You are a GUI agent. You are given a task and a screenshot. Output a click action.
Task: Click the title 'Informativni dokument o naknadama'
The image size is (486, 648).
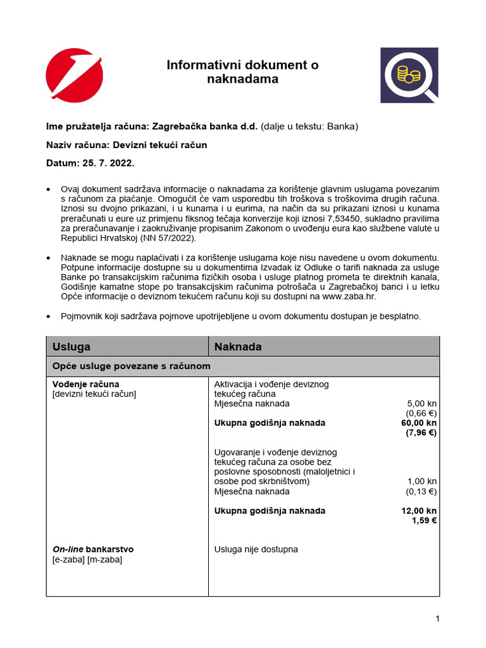[x=242, y=72]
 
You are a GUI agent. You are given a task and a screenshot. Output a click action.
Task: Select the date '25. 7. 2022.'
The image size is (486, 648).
[x=108, y=163]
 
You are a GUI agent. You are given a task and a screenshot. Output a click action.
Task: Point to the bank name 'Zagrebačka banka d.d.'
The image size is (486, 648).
[x=206, y=127]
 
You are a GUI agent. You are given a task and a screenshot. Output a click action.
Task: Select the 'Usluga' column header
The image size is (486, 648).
[x=72, y=347]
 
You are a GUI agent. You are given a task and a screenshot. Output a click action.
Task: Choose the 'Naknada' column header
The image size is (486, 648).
[x=238, y=347]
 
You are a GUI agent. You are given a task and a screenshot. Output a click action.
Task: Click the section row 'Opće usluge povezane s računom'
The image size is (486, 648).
[x=132, y=366]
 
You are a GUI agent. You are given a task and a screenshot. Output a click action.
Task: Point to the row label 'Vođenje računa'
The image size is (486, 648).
[x=85, y=384]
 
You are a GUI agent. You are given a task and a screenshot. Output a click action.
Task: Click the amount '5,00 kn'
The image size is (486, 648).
[x=421, y=404]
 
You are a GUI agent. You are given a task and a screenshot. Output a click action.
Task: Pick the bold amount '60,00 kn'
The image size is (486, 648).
[x=419, y=423]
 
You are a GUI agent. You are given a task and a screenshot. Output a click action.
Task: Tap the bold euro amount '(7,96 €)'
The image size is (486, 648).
[x=421, y=433]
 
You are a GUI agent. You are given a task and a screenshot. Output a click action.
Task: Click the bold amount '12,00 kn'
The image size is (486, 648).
[x=419, y=511]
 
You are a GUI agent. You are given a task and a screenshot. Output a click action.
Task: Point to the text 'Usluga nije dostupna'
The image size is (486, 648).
[x=256, y=549]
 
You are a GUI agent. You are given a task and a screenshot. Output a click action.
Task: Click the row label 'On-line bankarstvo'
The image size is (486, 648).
[x=92, y=549]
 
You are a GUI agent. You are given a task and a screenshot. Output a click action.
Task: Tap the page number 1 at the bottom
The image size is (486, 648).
[x=437, y=619]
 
